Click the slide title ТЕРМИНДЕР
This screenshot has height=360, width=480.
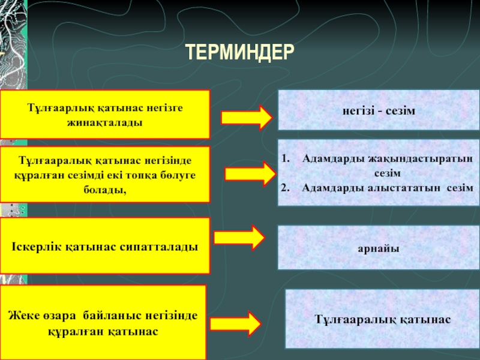(239, 52)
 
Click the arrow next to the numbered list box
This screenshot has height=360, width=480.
(248, 174)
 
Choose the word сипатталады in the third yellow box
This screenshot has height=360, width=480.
(161, 247)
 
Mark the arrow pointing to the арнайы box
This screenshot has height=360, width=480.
(239, 238)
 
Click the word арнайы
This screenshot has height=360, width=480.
(379, 247)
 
